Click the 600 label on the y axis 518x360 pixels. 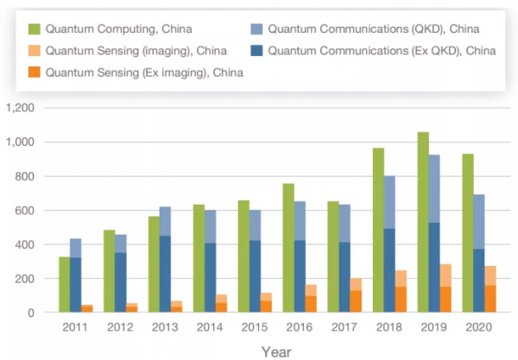[x=22, y=210]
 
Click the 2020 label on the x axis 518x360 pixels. [x=480, y=326]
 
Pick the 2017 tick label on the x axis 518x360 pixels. [x=344, y=326]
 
